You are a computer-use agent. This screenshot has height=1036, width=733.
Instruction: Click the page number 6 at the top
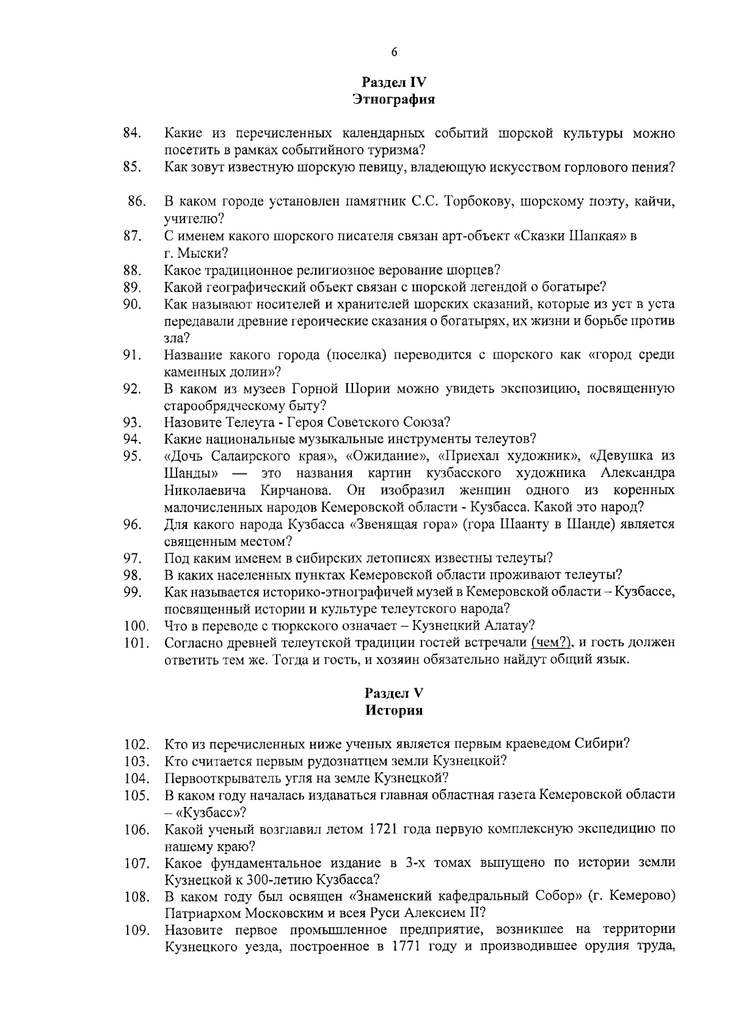coord(394,52)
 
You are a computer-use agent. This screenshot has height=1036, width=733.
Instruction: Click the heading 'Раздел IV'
coord(394,82)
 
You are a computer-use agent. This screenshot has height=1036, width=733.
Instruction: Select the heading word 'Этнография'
coord(394,100)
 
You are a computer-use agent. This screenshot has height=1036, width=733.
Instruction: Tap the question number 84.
coord(133,133)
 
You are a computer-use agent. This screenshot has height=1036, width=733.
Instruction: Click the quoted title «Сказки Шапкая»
coord(572,236)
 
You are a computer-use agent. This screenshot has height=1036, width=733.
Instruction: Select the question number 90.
coord(133,304)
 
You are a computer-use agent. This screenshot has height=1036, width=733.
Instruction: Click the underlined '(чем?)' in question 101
coord(551,643)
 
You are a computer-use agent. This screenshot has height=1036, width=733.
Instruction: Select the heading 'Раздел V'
coord(394,693)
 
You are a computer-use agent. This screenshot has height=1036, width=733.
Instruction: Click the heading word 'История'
coord(394,710)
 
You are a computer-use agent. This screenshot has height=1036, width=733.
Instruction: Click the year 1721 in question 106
coord(384,830)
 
